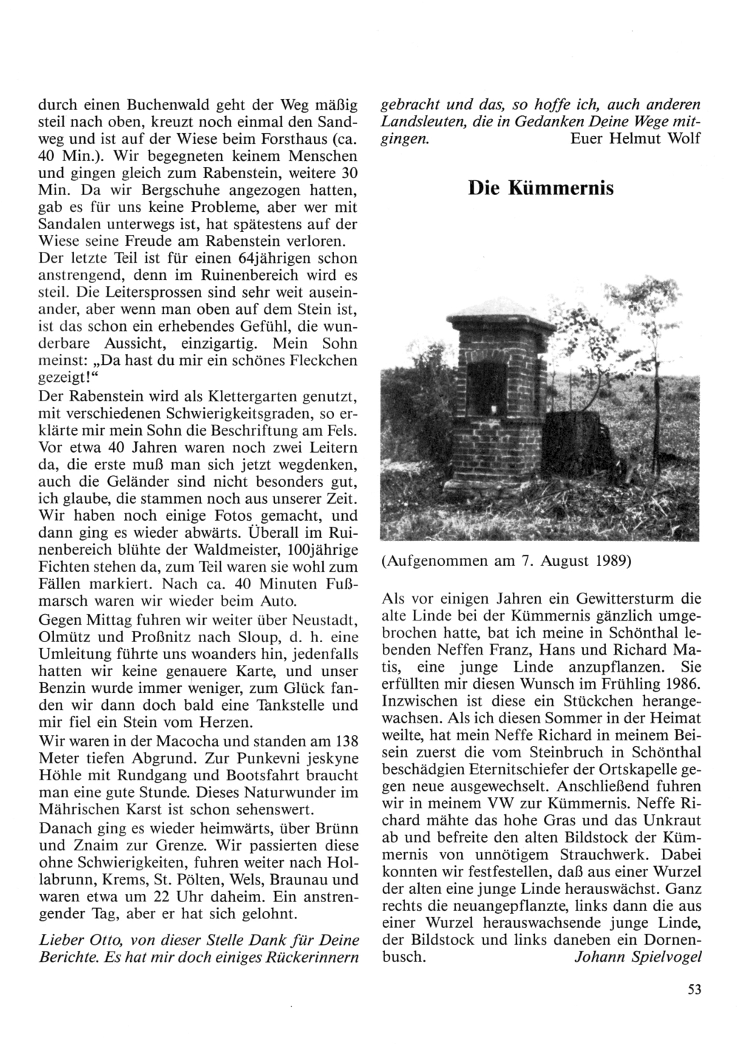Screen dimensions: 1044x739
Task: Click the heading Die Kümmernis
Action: [541, 188]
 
